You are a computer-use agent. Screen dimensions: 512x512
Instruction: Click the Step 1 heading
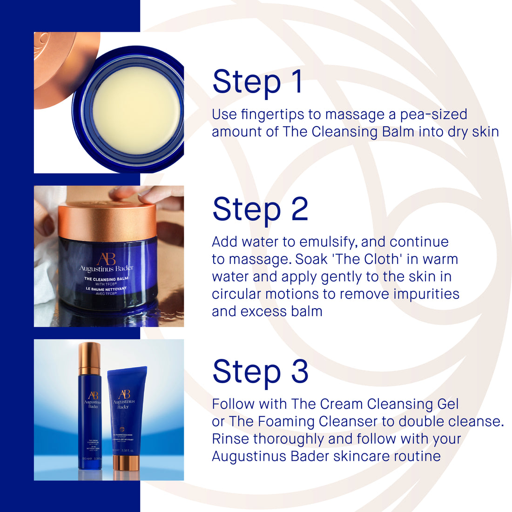[x=257, y=82]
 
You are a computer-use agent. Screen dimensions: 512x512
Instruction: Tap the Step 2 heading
[x=260, y=209]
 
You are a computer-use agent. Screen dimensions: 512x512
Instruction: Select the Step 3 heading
[x=260, y=371]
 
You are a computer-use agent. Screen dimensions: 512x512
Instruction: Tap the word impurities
[x=426, y=294]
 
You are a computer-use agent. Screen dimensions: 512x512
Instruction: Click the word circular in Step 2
[x=236, y=294]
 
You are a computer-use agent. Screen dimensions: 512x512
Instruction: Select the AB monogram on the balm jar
[x=106, y=259]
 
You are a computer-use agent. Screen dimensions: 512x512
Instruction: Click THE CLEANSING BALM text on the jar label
[x=106, y=279]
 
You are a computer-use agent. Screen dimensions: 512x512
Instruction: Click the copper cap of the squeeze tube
[x=125, y=463]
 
